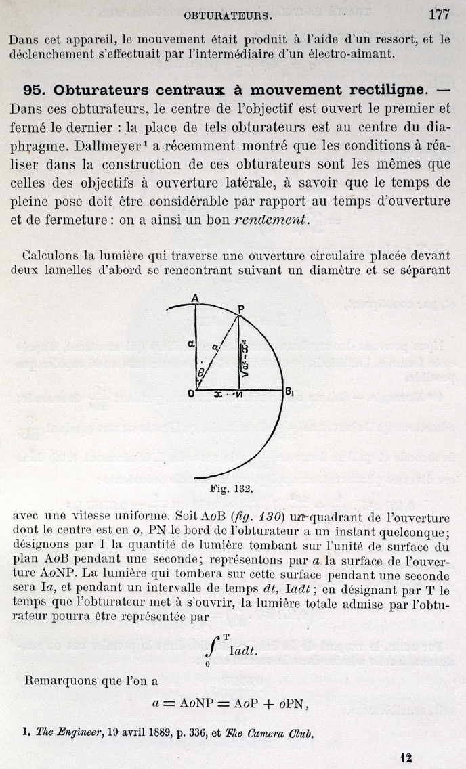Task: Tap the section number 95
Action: click(x=34, y=90)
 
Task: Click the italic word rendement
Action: click(x=270, y=219)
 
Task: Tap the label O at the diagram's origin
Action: click(x=190, y=394)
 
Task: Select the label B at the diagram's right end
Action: click(x=289, y=393)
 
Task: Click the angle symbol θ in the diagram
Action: click(x=200, y=372)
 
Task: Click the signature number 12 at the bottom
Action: click(x=406, y=757)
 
